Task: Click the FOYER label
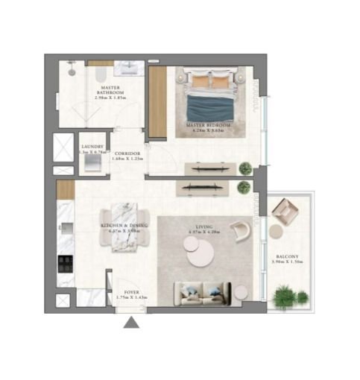click(130, 294)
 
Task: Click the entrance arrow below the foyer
click(131, 322)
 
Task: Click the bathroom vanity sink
click(133, 68)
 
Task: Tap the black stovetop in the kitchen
click(63, 262)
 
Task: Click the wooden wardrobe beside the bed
click(157, 102)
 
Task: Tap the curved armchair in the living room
click(239, 232)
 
